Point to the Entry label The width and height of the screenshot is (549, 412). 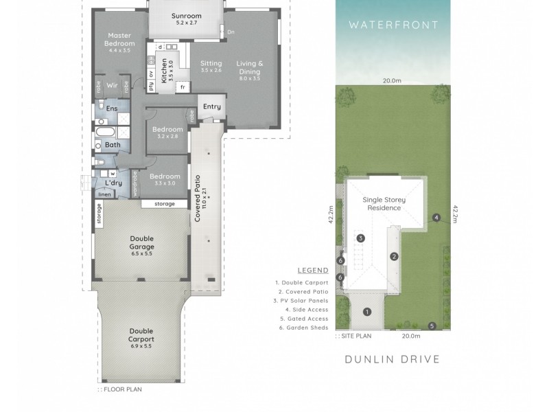pos(211,106)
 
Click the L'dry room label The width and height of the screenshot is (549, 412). pos(113,183)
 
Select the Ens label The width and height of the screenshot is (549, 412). pos(112,109)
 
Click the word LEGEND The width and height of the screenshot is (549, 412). pos(312,271)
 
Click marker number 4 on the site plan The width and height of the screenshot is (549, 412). pos(436,218)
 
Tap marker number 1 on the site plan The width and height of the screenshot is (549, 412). pos(367,312)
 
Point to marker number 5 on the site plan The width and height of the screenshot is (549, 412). pos(432,326)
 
